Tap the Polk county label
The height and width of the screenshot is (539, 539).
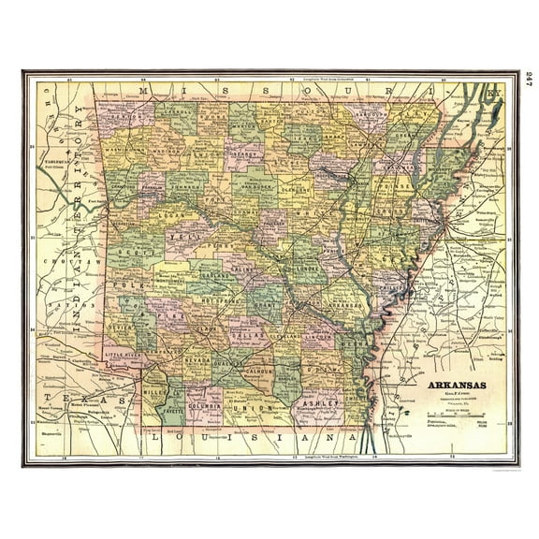click(125, 281)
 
